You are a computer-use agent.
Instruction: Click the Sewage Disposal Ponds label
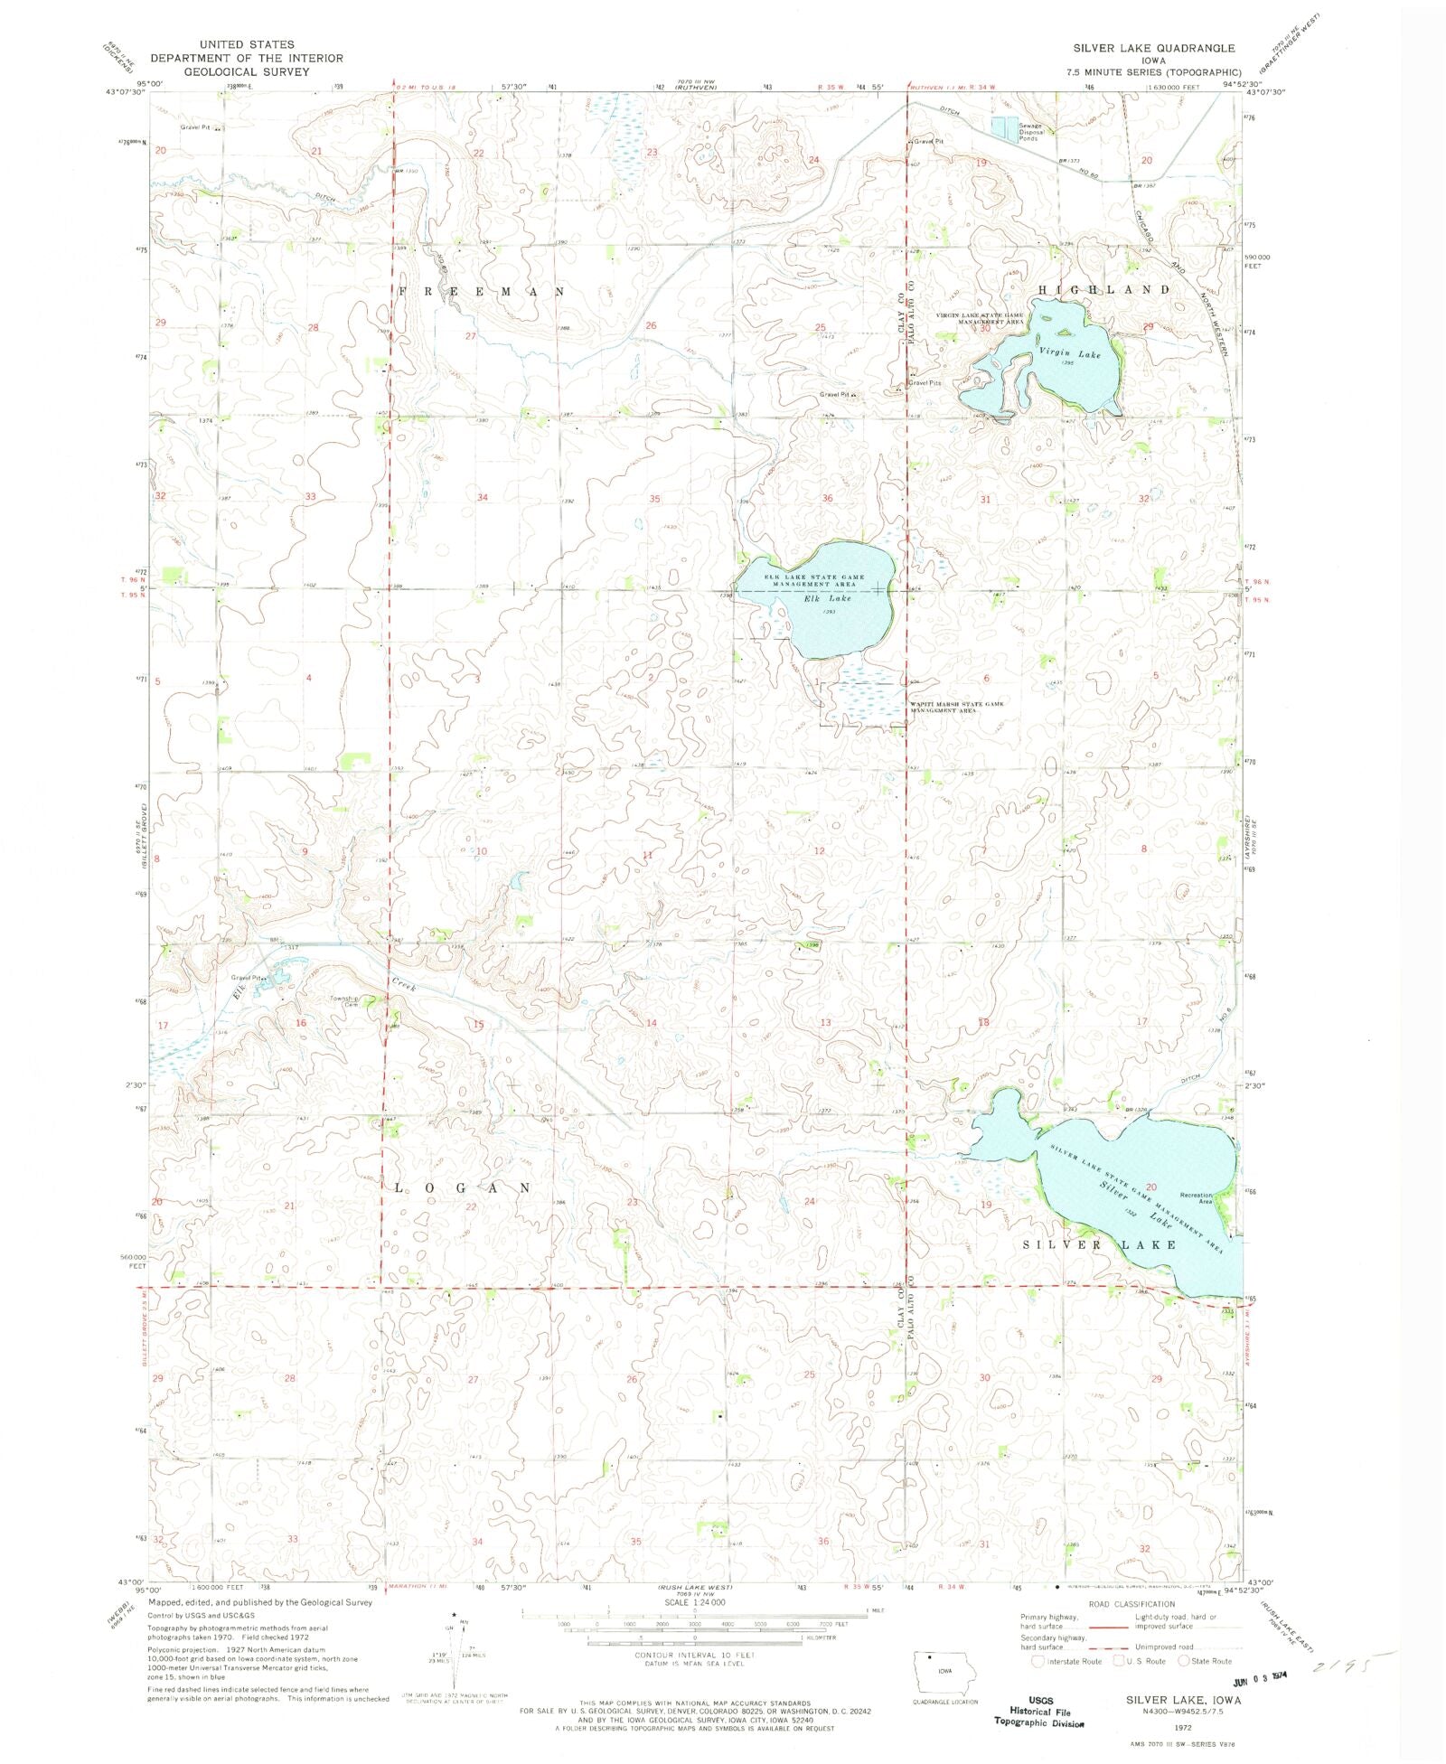1031,132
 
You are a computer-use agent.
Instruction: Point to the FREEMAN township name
482,292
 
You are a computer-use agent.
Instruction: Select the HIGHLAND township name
1103,289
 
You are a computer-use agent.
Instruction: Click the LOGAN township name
462,1187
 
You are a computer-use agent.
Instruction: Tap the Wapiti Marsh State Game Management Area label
956,707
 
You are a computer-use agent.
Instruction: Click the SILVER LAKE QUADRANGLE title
1153,47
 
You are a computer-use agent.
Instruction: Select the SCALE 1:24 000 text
694,1601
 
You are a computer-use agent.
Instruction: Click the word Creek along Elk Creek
404,984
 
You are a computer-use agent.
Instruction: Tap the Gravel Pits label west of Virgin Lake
925,382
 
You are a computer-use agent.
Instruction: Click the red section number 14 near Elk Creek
651,1023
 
